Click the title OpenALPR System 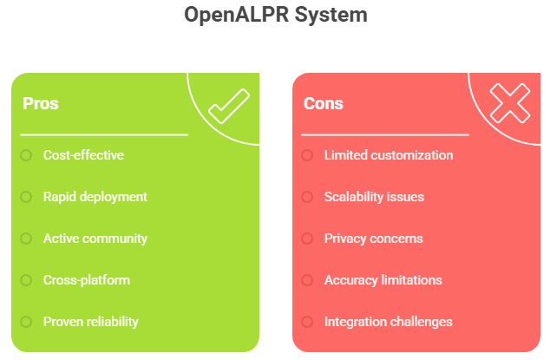tap(275, 15)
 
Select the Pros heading tap(41, 104)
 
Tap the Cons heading tap(324, 104)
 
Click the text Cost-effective tap(83, 155)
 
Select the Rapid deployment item tap(95, 197)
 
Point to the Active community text tap(95, 239)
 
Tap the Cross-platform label tap(87, 280)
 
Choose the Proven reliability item tap(91, 322)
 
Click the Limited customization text tap(389, 155)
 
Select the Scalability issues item tap(374, 197)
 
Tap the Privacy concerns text tap(373, 239)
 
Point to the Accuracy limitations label tap(383, 280)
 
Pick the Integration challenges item tap(388, 322)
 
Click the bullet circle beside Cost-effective tap(26, 155)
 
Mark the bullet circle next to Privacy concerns tap(307, 239)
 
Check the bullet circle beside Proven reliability tap(26, 322)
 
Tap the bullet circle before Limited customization tap(307, 155)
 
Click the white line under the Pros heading tap(104, 135)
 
